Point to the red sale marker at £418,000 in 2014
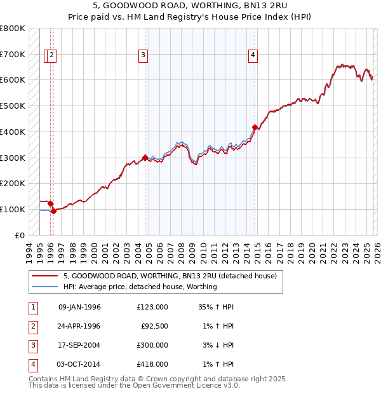[255, 126]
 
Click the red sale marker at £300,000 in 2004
[145, 157]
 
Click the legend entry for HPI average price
[140, 287]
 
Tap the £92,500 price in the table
[154, 326]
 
